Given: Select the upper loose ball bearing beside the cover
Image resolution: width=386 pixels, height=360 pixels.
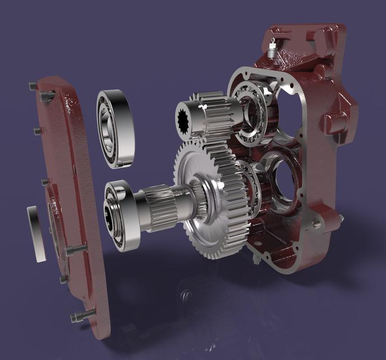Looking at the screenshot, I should [x=116, y=128].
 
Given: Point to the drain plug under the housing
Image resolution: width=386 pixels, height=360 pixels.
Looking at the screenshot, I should [x=255, y=259].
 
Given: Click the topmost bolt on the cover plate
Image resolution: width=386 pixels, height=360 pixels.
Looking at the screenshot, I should [x=32, y=85].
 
